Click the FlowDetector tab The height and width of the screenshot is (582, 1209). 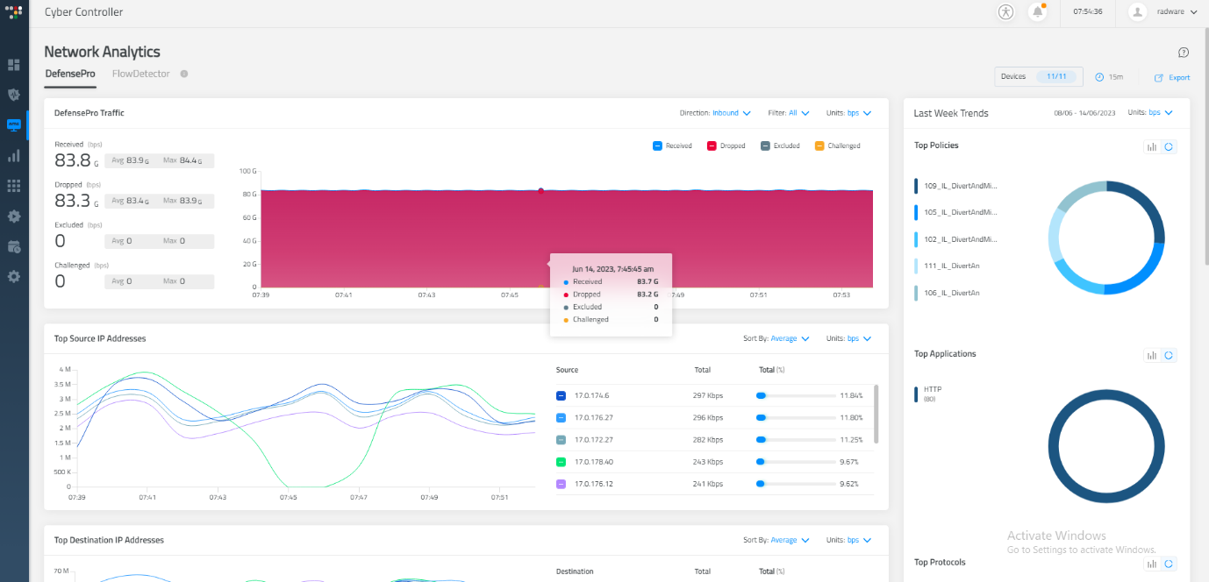point(140,75)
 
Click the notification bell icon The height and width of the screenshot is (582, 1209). point(1038,12)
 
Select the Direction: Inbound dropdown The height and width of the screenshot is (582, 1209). point(732,113)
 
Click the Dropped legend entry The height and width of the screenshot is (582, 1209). point(726,146)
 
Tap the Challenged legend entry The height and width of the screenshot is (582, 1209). point(837,146)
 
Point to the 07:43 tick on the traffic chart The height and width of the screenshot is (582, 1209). point(426,295)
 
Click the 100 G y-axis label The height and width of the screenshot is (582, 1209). point(247,171)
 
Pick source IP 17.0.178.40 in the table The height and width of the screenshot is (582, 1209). point(593,462)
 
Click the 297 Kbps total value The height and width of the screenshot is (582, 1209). point(708,395)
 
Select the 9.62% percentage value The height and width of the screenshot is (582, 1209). point(848,484)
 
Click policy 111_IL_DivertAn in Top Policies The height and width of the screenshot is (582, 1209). point(951,266)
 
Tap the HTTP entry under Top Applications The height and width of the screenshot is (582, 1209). point(933,389)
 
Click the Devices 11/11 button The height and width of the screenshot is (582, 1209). point(1038,77)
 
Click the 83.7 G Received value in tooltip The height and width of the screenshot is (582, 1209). point(647,282)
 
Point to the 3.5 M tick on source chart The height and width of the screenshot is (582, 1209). point(61,385)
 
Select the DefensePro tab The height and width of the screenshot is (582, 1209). point(70,75)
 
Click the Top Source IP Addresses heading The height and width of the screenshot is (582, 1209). point(100,338)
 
